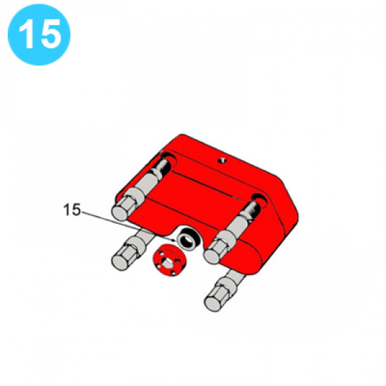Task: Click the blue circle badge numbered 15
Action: (x=39, y=34)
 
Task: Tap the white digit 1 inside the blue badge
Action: (x=27, y=34)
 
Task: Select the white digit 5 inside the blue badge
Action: (x=51, y=34)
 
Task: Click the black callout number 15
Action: (x=72, y=210)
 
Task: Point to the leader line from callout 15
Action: (x=128, y=226)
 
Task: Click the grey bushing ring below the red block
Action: (x=187, y=239)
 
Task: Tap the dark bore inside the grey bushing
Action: (x=187, y=240)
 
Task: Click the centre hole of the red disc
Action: (x=168, y=262)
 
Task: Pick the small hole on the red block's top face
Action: (x=222, y=161)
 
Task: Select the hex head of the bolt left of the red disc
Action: (x=123, y=259)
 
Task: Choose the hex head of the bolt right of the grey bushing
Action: (x=214, y=251)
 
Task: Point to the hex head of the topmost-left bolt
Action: (x=123, y=208)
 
